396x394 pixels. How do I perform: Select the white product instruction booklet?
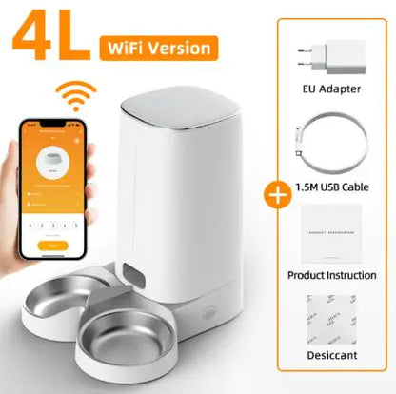327,233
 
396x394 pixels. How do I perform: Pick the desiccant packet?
327,324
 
